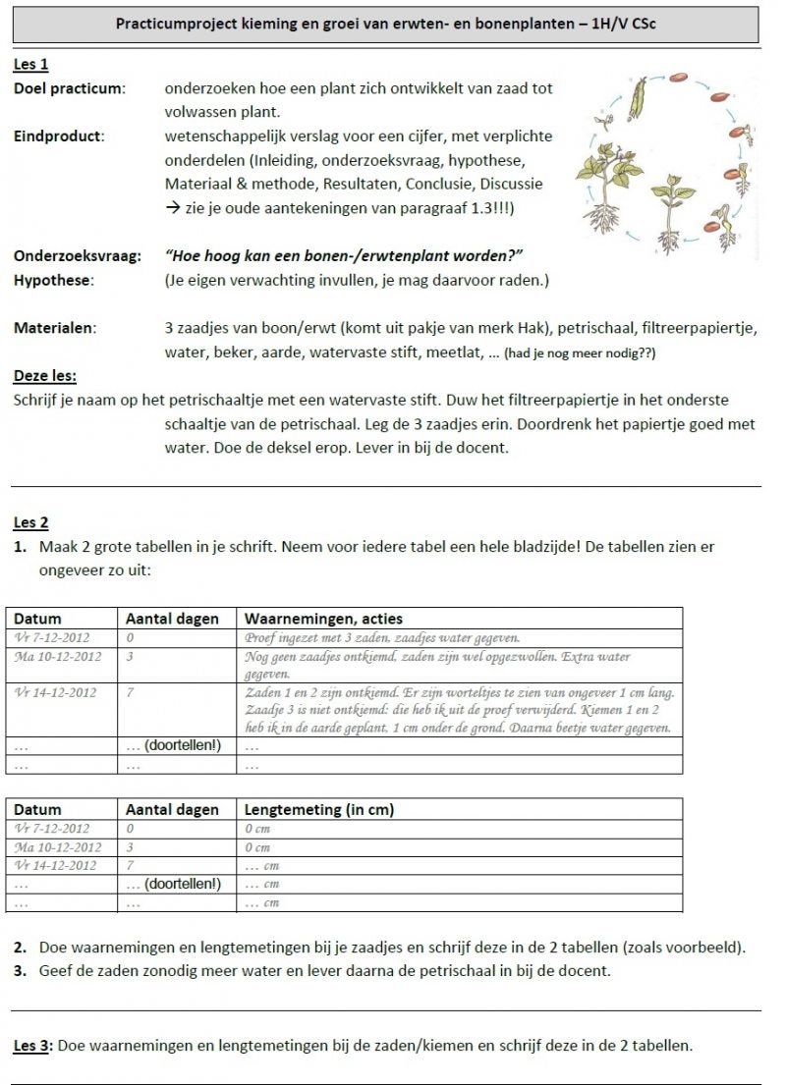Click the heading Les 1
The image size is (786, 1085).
point(30,65)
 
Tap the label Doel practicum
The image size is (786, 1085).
point(69,88)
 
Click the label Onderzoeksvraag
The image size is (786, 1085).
point(77,256)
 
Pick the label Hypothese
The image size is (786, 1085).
point(54,281)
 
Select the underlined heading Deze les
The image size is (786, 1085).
point(45,376)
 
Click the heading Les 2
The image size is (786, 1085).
point(30,522)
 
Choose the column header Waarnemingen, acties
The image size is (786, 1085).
point(323,619)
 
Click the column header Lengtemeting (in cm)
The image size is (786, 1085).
point(319,809)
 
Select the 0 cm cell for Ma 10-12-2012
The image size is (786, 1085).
point(256,846)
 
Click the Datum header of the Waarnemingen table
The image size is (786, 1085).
point(38,619)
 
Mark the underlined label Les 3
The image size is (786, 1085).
point(30,1046)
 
